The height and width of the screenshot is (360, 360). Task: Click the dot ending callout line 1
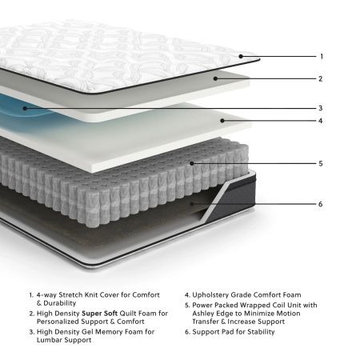click(x=240, y=57)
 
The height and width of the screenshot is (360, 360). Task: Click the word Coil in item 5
click(x=278, y=305)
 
